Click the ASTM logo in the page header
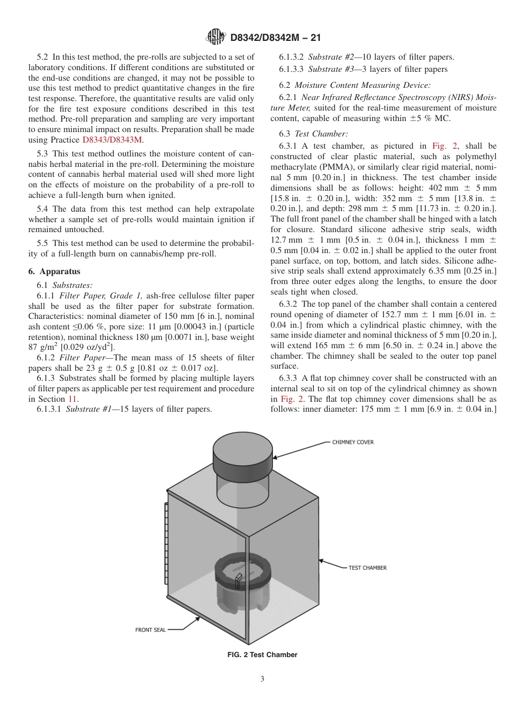coord(215,37)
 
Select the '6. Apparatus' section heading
coord(54,271)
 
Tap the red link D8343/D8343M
coord(113,140)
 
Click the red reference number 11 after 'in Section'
coord(72,398)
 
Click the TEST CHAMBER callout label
coord(367,568)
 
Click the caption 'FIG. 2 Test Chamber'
coord(262,655)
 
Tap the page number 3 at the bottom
coord(262,679)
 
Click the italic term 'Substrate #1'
coord(88,410)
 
